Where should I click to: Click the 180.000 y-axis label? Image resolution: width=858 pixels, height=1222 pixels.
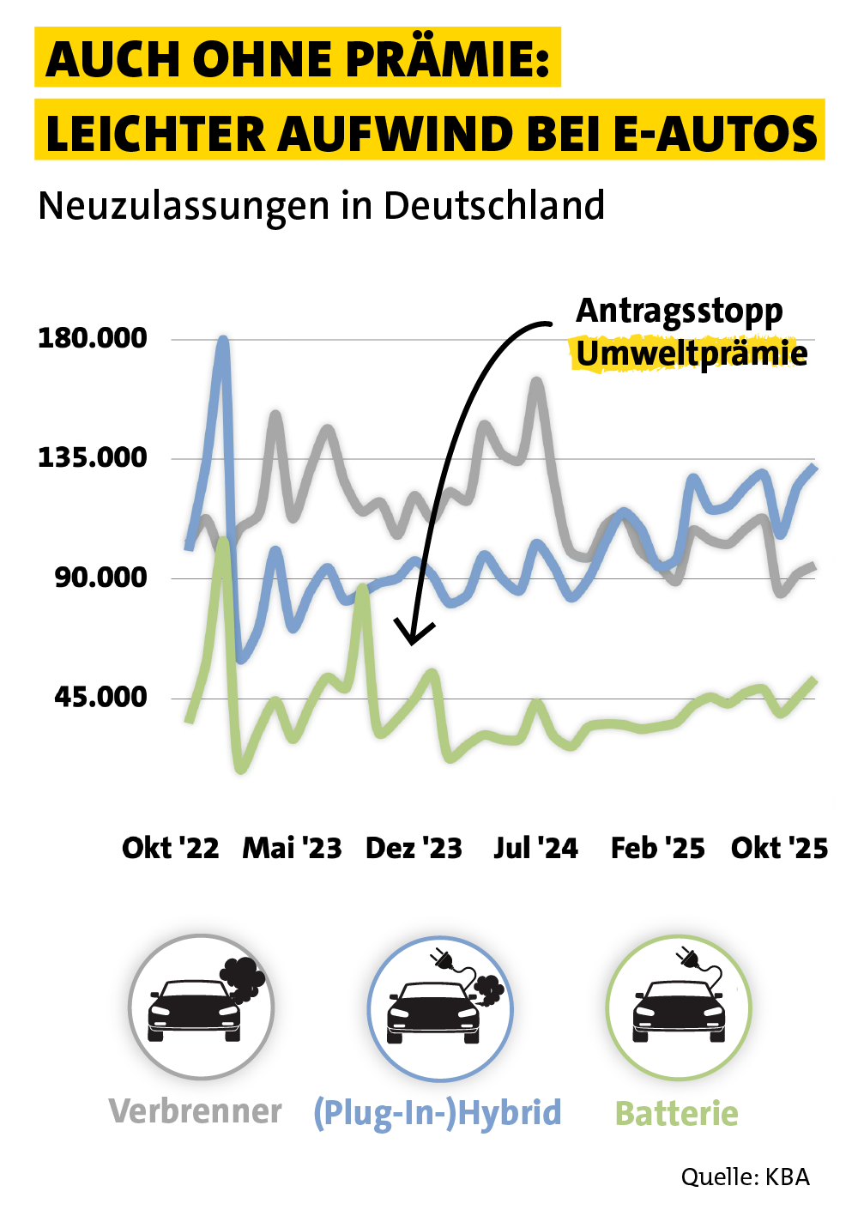93,338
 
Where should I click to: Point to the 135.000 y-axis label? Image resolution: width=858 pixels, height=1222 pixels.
93,457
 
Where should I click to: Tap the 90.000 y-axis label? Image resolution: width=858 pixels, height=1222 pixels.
101,578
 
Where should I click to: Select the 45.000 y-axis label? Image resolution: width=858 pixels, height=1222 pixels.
101,696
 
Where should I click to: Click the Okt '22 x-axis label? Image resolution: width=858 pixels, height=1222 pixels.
171,848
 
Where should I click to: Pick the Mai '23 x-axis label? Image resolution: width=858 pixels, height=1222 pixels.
292,848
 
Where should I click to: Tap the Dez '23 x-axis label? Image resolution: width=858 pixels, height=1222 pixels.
414,848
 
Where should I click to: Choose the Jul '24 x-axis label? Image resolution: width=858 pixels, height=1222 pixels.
535,848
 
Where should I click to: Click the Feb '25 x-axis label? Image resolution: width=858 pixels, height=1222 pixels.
657,848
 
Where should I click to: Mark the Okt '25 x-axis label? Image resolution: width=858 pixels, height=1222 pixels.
779,848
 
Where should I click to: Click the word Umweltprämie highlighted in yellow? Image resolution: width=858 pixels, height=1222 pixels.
692,353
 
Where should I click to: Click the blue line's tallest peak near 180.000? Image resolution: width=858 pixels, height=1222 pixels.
223,340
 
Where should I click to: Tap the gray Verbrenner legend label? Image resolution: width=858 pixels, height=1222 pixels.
196,1111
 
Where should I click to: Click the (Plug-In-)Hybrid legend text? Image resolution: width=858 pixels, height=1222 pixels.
438,1113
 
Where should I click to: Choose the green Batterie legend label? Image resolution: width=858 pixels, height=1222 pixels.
677,1114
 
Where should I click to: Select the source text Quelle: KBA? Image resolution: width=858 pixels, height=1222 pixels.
746,1177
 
